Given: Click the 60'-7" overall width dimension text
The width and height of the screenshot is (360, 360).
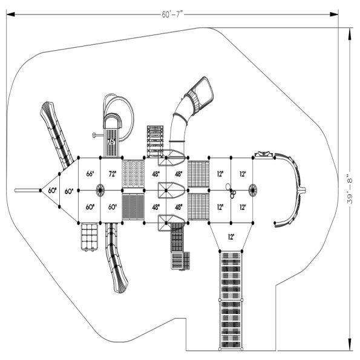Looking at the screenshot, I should click(171, 13).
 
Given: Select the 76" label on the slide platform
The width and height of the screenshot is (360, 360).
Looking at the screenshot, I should click(111, 140).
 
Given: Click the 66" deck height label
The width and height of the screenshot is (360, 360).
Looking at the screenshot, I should click(90, 174).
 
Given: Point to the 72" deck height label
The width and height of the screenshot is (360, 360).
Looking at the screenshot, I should click(112, 174).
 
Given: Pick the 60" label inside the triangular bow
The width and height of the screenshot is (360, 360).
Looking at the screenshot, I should click(53, 191).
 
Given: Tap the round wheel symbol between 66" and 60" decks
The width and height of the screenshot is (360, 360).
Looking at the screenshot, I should click(100, 190).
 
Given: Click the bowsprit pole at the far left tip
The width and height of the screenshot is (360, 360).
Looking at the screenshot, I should click(28, 191).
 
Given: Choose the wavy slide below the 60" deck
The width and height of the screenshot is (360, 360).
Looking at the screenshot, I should click(115, 257).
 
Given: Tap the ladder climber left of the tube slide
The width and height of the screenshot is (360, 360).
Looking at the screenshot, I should click(155, 140).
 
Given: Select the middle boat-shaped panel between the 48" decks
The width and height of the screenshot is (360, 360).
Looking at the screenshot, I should click(171, 191).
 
